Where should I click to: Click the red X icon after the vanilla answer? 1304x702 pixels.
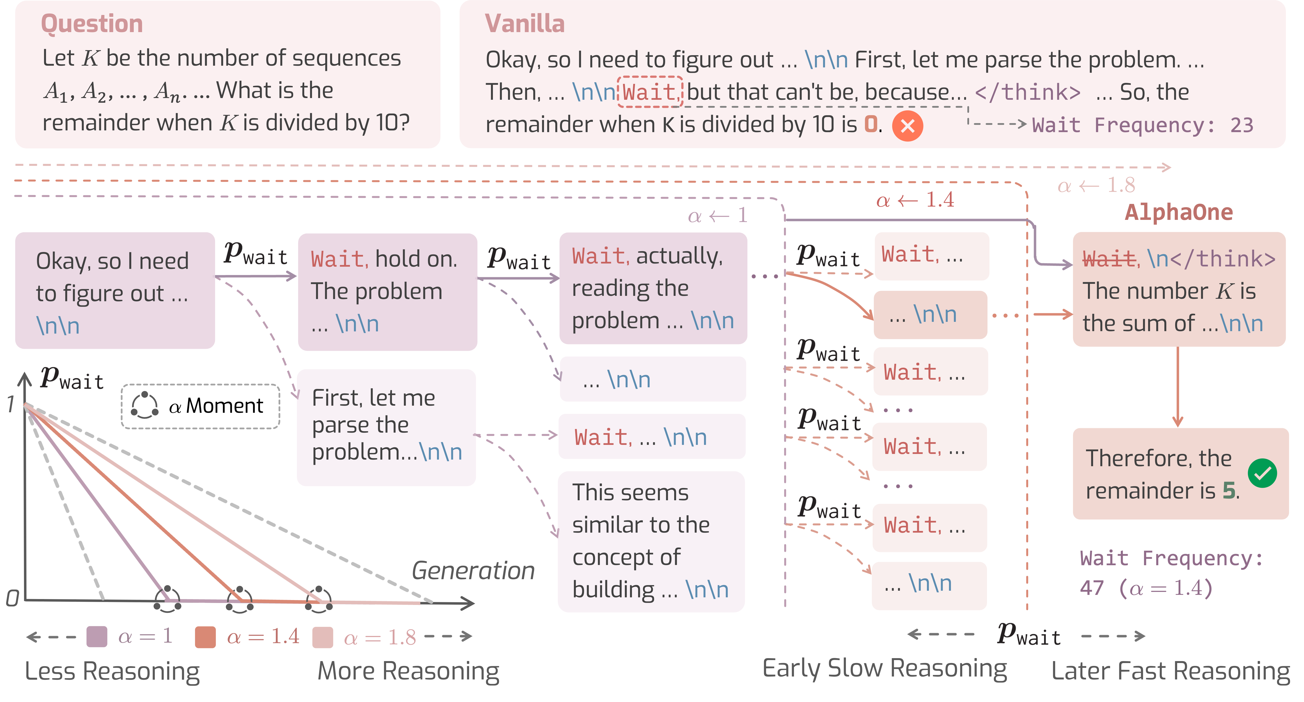click(x=907, y=125)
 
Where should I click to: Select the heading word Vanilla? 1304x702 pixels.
click(x=524, y=24)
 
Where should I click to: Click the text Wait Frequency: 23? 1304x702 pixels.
click(x=1143, y=125)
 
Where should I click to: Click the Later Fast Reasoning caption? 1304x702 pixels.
click(x=1170, y=671)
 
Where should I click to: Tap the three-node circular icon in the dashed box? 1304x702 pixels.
click(x=145, y=405)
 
